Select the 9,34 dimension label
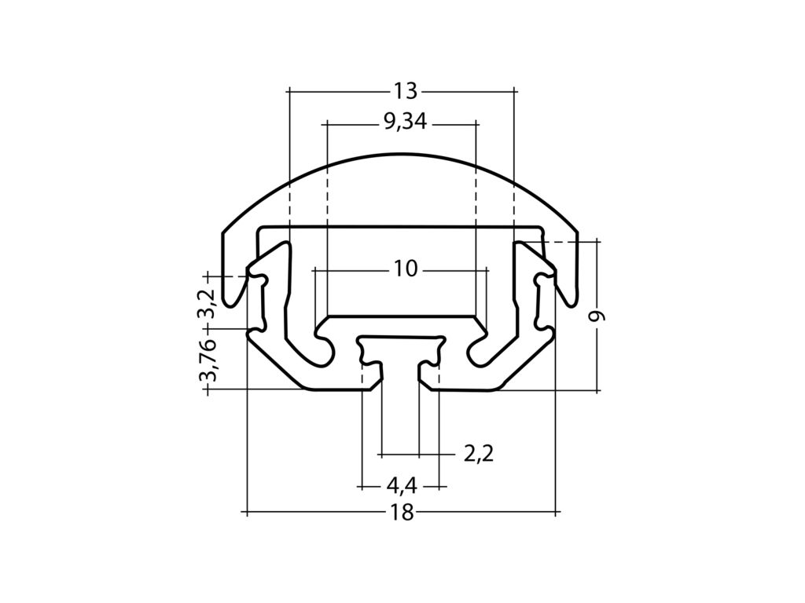tap(405, 123)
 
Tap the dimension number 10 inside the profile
tap(405, 269)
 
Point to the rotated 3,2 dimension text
tap(207, 303)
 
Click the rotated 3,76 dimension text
tap(207, 360)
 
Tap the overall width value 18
tap(402, 513)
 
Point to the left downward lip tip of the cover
tap(230, 303)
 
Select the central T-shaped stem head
tap(401, 344)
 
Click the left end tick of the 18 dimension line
tap(247, 513)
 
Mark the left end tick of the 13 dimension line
tap(289, 91)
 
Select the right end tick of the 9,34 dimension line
tap(477, 123)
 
